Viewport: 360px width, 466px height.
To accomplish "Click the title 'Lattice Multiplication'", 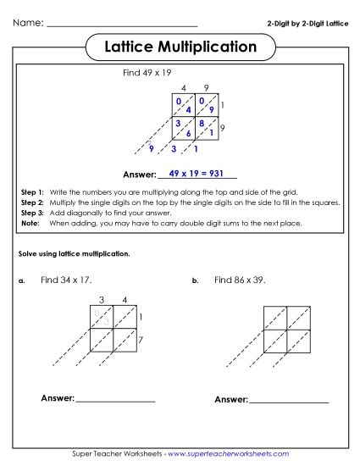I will pos(180,47).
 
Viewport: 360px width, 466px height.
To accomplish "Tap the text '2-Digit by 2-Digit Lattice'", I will pos(307,23).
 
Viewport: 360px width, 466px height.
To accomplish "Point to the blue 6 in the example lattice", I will pos(188,134).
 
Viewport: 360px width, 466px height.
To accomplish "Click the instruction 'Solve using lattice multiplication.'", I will pos(75,254).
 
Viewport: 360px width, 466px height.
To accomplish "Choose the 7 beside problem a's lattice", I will pos(140,339).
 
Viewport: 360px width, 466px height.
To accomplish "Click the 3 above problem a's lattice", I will pos(102,299).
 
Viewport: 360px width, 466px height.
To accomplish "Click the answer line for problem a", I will pos(115,399).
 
